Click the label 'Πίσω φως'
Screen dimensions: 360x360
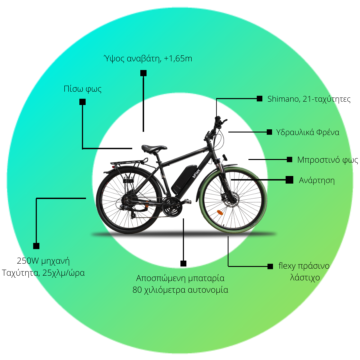coord(83,89)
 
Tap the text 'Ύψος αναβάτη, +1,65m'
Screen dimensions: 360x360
coord(148,59)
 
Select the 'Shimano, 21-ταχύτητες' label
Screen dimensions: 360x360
coord(309,99)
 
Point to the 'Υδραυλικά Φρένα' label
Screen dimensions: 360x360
coord(308,132)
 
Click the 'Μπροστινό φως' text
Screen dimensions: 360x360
coord(328,160)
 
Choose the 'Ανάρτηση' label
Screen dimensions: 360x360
coord(317,180)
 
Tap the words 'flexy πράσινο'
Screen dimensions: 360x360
coord(304,266)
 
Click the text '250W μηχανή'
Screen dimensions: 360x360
coord(43,261)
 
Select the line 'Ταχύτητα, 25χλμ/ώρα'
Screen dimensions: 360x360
coord(43,273)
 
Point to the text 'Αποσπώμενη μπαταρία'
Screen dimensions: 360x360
coord(180,278)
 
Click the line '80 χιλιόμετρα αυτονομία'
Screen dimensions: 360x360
coord(180,290)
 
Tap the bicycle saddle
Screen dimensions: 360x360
coord(154,149)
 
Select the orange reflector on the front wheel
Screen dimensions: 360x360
coord(220,213)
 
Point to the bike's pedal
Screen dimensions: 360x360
coord(188,202)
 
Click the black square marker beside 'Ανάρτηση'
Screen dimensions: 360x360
coord(290,180)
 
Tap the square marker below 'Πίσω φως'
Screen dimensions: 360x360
coord(82,102)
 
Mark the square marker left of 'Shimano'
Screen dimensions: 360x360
coord(259,99)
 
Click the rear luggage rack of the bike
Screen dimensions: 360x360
coord(129,163)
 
